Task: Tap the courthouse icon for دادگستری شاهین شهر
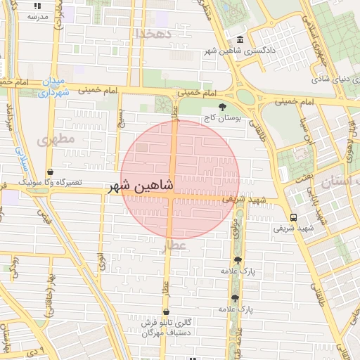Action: pyautogui.click(x=240, y=40)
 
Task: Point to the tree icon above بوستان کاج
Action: pyautogui.click(x=223, y=108)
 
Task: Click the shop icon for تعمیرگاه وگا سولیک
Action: pyautogui.click(x=49, y=171)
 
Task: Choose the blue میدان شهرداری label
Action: pyautogui.click(x=54, y=86)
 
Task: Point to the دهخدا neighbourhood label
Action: pyautogui.click(x=153, y=33)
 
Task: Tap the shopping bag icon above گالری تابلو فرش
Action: pyautogui.click(x=166, y=312)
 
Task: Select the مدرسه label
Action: pyautogui.click(x=34, y=15)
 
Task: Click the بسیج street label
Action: pyautogui.click(x=120, y=113)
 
